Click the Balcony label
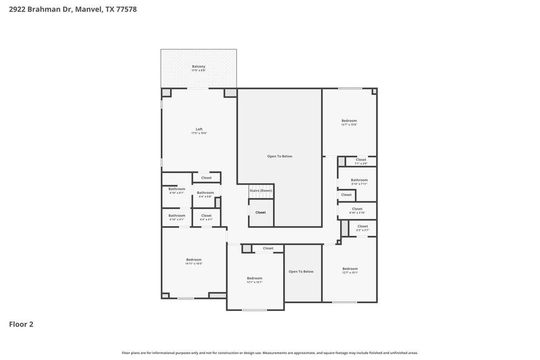199,67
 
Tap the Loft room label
199,130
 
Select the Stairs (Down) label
261,191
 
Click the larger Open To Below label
280,157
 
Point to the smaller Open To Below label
301,271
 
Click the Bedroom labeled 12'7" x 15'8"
349,121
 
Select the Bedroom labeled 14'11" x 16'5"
194,260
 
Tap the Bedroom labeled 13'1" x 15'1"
255,279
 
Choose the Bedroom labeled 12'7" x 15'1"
350,269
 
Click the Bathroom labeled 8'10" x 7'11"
359,181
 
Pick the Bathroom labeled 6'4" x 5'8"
205,193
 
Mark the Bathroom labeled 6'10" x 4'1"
177,216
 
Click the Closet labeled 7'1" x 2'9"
361,160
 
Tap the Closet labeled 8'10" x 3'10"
357,209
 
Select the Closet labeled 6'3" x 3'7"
362,227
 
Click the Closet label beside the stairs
261,213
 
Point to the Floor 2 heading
21,324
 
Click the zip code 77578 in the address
126,9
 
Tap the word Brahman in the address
44,9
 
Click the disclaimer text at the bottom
270,353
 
